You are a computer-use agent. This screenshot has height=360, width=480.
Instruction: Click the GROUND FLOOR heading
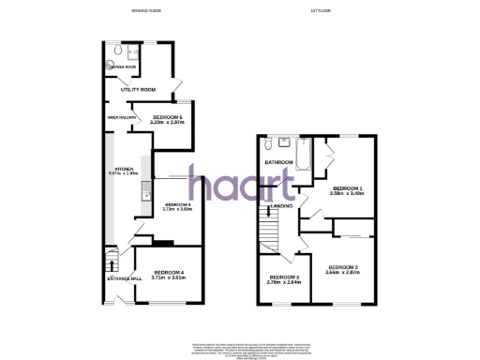pos(146,10)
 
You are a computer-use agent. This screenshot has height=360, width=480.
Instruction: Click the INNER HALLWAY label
pos(123,117)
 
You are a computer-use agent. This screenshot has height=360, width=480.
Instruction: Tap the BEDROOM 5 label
pos(177,203)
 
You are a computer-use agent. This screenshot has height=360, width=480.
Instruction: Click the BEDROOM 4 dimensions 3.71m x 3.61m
pos(168,277)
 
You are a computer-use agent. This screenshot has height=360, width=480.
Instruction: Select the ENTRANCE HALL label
pos(122,277)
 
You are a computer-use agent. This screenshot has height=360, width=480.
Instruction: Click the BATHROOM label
pos(279,162)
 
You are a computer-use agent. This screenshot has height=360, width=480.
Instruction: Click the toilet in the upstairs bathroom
pos(270,143)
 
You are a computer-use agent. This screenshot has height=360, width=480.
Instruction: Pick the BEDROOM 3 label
pos(284,277)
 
